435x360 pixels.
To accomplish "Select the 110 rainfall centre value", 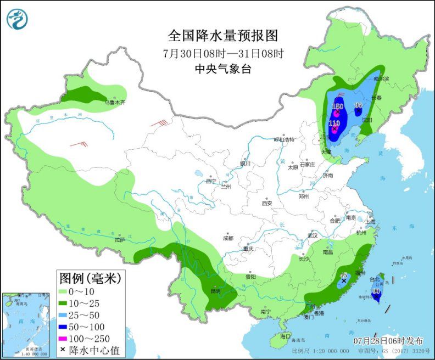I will [x=334, y=123].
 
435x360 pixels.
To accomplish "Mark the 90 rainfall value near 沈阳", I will [x=358, y=105].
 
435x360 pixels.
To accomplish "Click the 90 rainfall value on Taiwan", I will [x=376, y=291].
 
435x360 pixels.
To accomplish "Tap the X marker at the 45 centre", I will [x=344, y=280].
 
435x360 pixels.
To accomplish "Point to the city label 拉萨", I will [x=120, y=240].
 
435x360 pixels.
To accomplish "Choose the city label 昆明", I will [x=216, y=290].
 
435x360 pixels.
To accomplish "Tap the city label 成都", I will [x=228, y=238].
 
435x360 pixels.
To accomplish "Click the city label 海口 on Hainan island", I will [x=284, y=335].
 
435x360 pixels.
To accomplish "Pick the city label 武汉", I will [x=313, y=235].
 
